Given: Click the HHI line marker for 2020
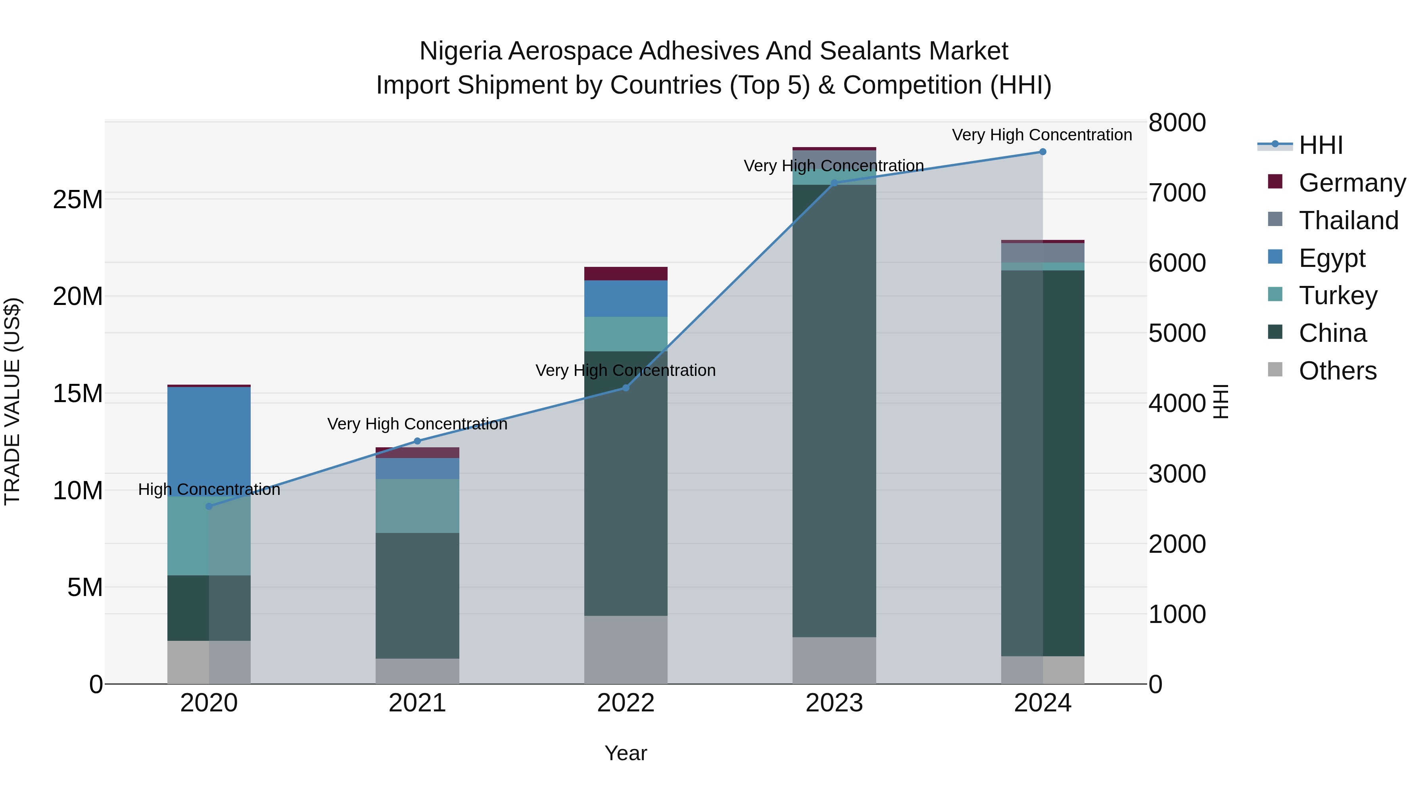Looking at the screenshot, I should tap(209, 506).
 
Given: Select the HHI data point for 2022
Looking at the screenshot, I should tap(626, 388).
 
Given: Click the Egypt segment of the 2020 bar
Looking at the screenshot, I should tap(209, 438).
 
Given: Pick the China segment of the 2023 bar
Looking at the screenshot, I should tap(834, 410).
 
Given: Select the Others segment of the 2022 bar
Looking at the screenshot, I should tap(626, 650).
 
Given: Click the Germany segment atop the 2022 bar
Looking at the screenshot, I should tap(626, 274).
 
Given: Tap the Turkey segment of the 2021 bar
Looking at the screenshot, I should tap(417, 506).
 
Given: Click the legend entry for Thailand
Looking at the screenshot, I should tap(1348, 220).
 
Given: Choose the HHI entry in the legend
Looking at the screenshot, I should tap(1321, 145).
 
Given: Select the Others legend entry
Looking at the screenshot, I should tap(1337, 371).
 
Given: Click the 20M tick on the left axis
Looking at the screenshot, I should tap(78, 297).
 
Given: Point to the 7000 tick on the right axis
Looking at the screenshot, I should tap(1177, 193).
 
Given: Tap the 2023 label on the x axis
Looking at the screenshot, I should tap(834, 703).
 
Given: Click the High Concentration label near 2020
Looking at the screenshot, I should tap(209, 489).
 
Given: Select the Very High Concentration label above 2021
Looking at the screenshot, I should tap(417, 424).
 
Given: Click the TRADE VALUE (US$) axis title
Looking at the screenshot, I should tap(12, 401).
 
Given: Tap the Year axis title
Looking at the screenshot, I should tap(626, 753).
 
